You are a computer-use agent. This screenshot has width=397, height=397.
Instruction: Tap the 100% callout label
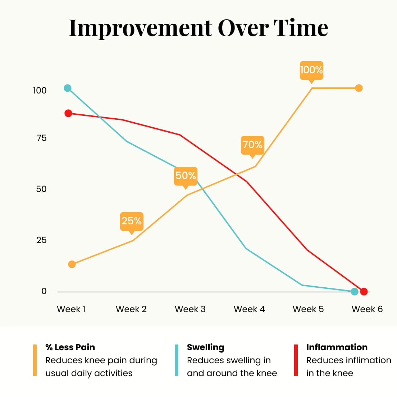(x=311, y=70)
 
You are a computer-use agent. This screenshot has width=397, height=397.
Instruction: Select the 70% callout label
(x=252, y=145)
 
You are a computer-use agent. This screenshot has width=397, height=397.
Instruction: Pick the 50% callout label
(x=186, y=176)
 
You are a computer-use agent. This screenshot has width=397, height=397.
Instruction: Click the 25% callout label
(x=132, y=221)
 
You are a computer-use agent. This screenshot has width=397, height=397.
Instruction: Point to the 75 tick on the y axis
(x=41, y=138)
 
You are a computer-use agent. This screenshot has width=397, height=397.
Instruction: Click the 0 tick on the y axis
(x=44, y=291)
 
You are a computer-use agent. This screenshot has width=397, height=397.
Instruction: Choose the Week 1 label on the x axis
(x=71, y=309)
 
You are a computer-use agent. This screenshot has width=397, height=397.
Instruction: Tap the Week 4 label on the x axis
(x=249, y=309)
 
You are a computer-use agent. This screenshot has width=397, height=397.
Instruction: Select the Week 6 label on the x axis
(x=367, y=309)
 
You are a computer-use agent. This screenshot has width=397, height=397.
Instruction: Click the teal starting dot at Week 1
(x=68, y=88)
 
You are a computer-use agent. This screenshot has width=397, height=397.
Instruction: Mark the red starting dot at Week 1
(x=68, y=113)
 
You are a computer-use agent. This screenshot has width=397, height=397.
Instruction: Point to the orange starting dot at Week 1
(x=72, y=264)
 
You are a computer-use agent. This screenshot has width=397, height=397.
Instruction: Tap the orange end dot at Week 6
(x=359, y=88)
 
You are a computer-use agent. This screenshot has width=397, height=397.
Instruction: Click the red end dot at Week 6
(x=364, y=291)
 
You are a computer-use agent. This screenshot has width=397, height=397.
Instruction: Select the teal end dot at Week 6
(x=355, y=291)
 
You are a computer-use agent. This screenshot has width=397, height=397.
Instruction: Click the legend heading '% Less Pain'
(x=70, y=347)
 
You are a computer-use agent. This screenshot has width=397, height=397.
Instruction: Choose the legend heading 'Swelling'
(x=205, y=347)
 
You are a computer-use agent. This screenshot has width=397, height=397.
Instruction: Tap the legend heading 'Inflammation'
(x=337, y=347)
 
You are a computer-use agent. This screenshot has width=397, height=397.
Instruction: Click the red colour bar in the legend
(x=296, y=360)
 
